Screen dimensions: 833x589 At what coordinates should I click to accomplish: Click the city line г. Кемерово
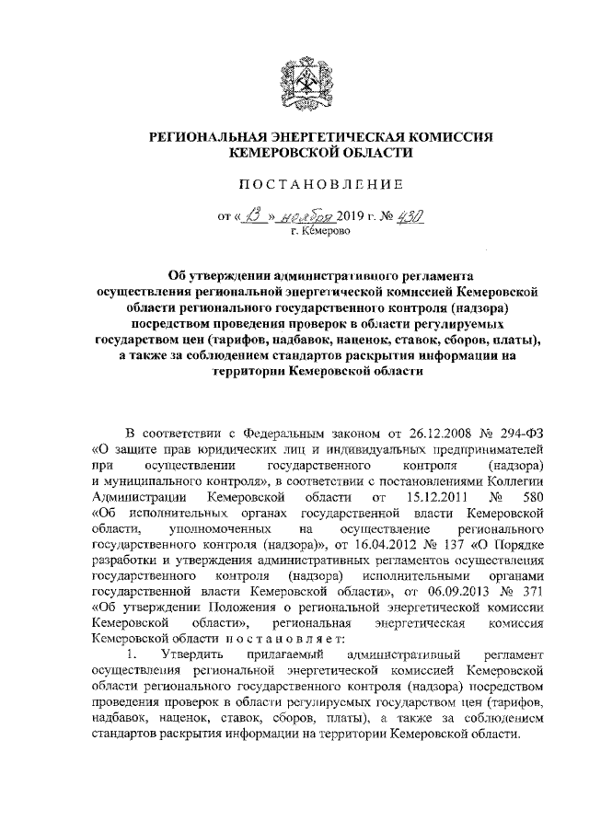click(x=294, y=234)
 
